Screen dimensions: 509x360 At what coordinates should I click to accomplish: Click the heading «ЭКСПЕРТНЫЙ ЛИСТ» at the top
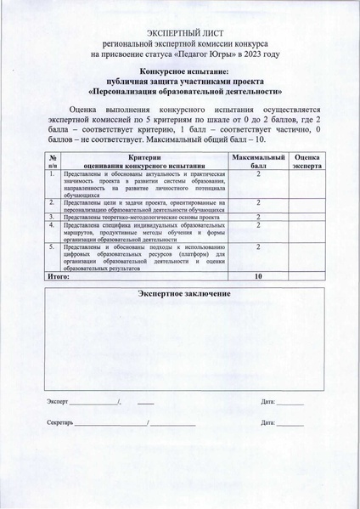[180, 31]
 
